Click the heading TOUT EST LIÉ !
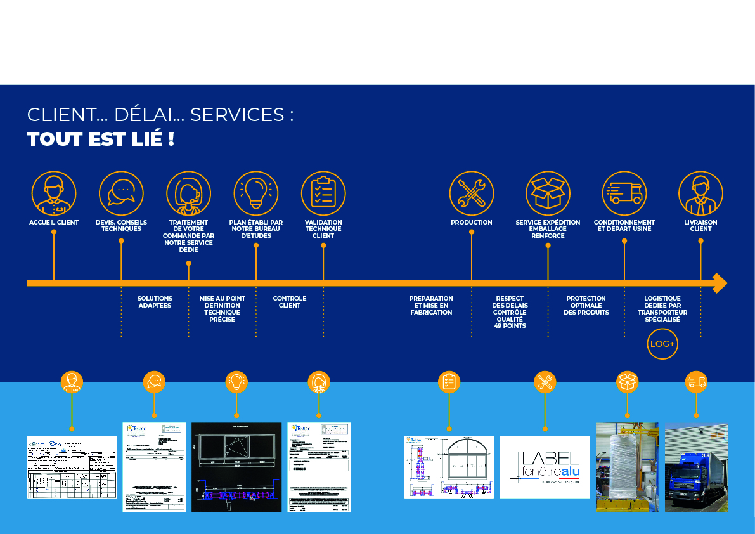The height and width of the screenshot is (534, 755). pyautogui.click(x=101, y=139)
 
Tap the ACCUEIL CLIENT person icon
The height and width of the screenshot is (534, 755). pyautogui.click(x=54, y=193)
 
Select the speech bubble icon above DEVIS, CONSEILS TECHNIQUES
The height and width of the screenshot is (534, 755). pyautogui.click(x=121, y=193)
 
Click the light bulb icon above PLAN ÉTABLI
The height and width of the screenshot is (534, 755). pyautogui.click(x=256, y=193)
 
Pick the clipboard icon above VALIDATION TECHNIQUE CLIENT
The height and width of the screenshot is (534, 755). pyautogui.click(x=323, y=193)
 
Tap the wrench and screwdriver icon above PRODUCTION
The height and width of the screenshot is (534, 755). pyautogui.click(x=472, y=193)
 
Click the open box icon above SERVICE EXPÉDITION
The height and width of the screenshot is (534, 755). pyautogui.click(x=548, y=193)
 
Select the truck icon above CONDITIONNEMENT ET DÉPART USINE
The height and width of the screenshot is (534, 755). pyautogui.click(x=624, y=193)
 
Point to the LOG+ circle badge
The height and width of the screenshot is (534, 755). pyautogui.click(x=662, y=344)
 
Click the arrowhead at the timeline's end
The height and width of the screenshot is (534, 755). pyautogui.click(x=720, y=283)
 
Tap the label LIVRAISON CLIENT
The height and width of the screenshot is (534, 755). pyautogui.click(x=700, y=225)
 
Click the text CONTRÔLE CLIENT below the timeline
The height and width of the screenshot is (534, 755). pyautogui.click(x=290, y=302)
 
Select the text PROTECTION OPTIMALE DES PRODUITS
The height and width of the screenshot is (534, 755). pyautogui.click(x=586, y=305)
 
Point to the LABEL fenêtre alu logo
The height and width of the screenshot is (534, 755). pyautogui.click(x=545, y=467)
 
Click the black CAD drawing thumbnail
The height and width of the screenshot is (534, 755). pyautogui.click(x=236, y=467)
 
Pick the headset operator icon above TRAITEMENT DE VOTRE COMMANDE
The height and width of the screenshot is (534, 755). pyautogui.click(x=188, y=193)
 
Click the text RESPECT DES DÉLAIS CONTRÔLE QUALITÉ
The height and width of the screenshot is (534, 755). pyautogui.click(x=510, y=309)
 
